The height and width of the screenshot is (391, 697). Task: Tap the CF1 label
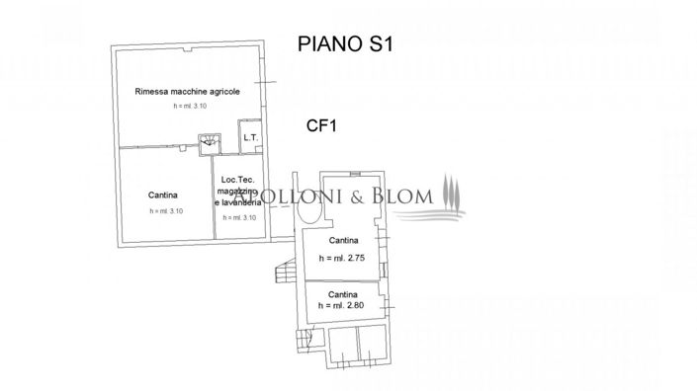tap(320, 124)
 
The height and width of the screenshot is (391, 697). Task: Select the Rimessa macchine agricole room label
tap(187, 92)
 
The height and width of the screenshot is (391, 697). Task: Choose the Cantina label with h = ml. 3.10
tap(165, 195)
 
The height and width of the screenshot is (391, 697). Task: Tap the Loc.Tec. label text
tap(239, 179)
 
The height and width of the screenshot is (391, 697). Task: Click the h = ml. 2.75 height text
tap(342, 257)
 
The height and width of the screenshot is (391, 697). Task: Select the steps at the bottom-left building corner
tap(304, 341)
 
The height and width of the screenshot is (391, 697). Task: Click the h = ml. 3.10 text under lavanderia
tap(239, 217)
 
